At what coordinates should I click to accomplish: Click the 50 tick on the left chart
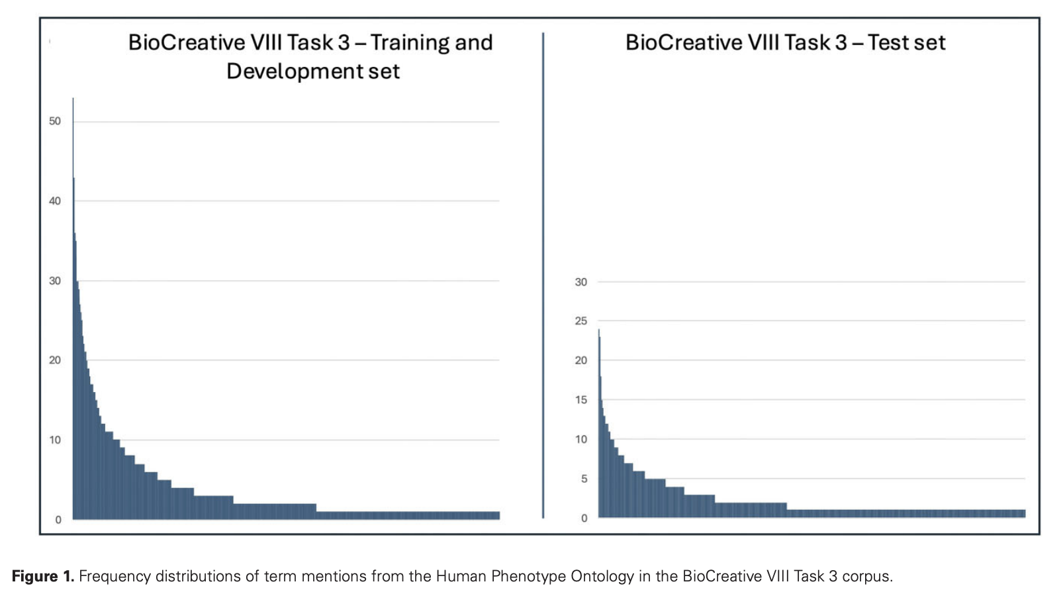(54, 121)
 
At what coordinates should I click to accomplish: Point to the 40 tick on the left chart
(54, 201)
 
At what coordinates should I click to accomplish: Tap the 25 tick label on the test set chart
(580, 321)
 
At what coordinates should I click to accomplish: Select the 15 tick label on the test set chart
(580, 400)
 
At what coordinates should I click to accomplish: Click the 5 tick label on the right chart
(584, 479)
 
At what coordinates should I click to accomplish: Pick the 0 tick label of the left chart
(58, 520)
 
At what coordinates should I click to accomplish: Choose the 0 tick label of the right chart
(584, 519)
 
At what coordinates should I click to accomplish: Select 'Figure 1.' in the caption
(42, 576)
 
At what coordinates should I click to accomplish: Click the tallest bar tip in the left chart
(73, 99)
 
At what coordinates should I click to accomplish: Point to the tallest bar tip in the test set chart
(599, 330)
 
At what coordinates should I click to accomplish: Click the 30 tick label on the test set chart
(580, 282)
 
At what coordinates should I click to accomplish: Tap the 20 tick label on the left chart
(54, 360)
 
